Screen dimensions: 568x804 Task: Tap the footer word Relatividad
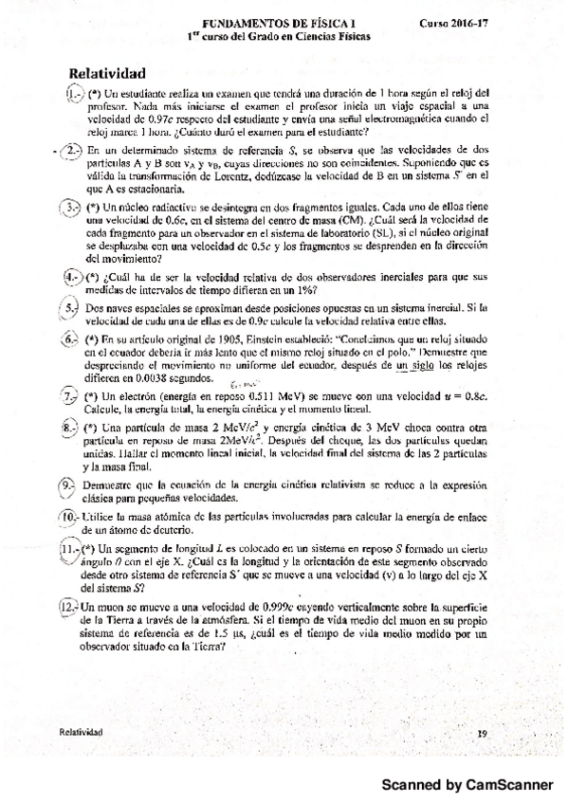pos(80,732)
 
